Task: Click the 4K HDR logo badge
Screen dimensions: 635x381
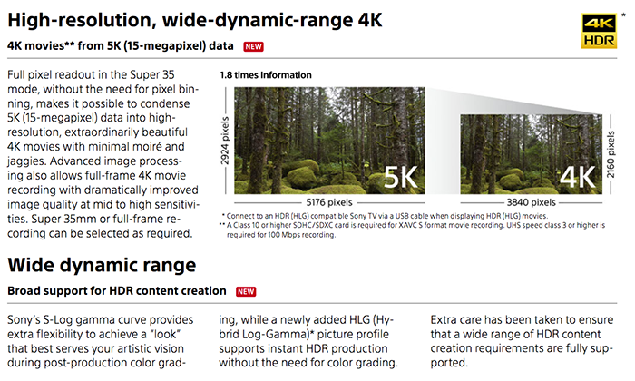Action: tap(599, 31)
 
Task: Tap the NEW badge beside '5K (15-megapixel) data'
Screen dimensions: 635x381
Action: tap(253, 46)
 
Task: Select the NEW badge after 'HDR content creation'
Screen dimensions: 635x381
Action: tap(246, 291)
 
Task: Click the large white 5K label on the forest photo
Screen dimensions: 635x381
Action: tap(401, 177)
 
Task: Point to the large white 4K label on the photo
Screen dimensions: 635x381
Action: tap(578, 177)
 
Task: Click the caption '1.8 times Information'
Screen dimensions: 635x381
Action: tap(266, 75)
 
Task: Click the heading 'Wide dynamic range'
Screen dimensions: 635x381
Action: tap(102, 265)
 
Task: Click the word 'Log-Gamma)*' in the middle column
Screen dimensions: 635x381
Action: tap(278, 335)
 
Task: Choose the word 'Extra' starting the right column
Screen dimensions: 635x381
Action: tap(444, 320)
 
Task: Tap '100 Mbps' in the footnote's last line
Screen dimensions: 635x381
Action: tap(282, 235)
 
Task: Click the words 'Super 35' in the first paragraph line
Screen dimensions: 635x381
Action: tap(152, 75)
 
